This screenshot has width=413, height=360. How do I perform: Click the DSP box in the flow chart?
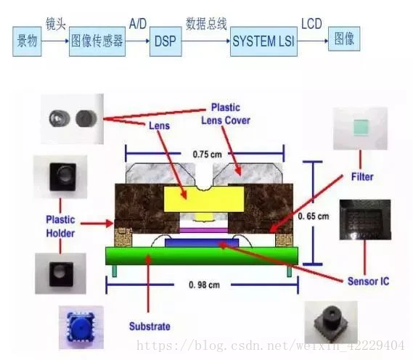tap(165, 41)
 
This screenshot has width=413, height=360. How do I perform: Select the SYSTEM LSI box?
tap(263, 41)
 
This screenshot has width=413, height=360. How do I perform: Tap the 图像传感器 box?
tap(97, 41)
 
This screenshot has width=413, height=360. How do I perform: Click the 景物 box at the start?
tap(27, 41)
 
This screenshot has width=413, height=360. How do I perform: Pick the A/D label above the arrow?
tap(138, 24)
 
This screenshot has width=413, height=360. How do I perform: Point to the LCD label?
tap(311, 24)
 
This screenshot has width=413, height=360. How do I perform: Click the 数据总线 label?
tap(206, 24)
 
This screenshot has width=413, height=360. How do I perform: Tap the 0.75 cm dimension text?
tap(208, 155)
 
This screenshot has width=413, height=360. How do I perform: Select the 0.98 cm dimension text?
tap(204, 285)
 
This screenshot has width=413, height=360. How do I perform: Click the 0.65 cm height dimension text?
tap(314, 216)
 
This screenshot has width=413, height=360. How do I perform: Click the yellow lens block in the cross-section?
tap(204, 200)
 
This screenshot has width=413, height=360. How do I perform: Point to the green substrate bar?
tap(202, 255)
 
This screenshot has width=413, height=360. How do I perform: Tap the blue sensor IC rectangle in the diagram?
tap(202, 242)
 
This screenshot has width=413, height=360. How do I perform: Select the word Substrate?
tap(150, 327)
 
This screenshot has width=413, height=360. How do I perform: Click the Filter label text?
tap(362, 176)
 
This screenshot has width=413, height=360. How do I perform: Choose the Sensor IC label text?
tap(368, 282)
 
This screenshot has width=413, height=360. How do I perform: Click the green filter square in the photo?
tap(361, 127)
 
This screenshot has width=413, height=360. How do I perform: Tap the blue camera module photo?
tap(81, 327)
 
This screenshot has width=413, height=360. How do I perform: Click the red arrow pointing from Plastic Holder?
tap(97, 224)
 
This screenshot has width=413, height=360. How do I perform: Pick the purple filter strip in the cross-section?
tap(204, 230)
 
